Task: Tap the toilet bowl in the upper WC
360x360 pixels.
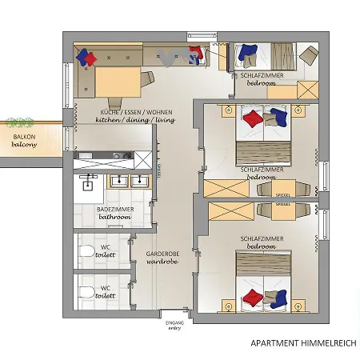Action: (86, 252)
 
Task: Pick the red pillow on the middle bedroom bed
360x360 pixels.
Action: (251, 119)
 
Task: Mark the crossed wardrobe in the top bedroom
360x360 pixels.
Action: (309, 90)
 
